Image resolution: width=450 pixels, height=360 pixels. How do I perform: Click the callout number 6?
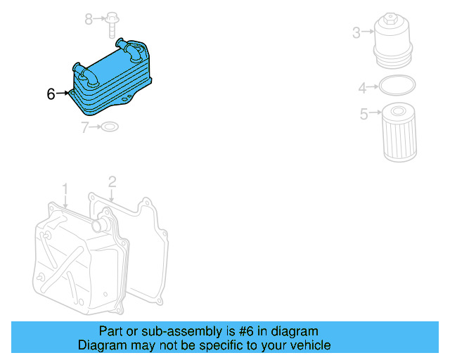(51, 94)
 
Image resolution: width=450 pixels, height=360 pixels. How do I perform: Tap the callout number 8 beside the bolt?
(89, 19)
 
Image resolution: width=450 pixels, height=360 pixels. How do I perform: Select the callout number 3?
(356, 32)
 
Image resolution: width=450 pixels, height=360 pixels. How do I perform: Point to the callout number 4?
(362, 88)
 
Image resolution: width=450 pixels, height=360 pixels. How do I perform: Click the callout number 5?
(364, 113)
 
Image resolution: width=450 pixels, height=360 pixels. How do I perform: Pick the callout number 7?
(85, 127)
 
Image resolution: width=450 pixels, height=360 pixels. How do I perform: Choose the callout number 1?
(65, 189)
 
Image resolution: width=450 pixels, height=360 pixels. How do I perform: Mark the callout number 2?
(112, 184)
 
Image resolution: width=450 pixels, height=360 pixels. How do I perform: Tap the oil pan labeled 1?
(77, 260)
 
